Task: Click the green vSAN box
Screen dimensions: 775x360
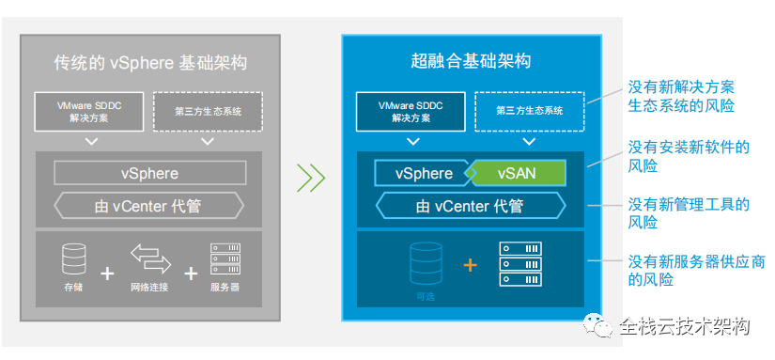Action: [x=518, y=173]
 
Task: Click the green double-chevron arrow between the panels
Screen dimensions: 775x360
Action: [x=311, y=177]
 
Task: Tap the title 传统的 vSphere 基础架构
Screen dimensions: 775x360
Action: [x=150, y=64]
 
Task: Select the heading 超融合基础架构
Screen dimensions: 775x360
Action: [x=471, y=61]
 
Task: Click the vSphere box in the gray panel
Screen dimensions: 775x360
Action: [x=149, y=174]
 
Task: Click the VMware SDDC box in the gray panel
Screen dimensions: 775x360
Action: [x=89, y=112]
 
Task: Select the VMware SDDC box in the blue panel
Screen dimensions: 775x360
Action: [x=411, y=112]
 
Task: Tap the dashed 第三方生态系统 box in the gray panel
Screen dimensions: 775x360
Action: [x=209, y=112]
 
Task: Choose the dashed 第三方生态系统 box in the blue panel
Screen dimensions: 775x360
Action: [x=530, y=112]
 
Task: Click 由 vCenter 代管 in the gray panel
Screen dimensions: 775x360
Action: [x=148, y=206]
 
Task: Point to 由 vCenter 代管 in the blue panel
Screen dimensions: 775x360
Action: [x=471, y=206]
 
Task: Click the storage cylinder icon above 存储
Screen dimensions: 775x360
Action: [x=74, y=258]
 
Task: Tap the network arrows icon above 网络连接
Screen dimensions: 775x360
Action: [x=150, y=258]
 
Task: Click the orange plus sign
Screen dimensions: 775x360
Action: [x=470, y=266]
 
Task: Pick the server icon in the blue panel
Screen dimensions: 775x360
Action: [x=520, y=263]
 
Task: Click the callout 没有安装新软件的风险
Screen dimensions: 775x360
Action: [x=689, y=156]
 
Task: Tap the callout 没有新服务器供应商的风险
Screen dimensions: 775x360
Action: [x=696, y=270]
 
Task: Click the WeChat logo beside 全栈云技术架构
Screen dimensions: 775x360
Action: [x=598, y=325]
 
